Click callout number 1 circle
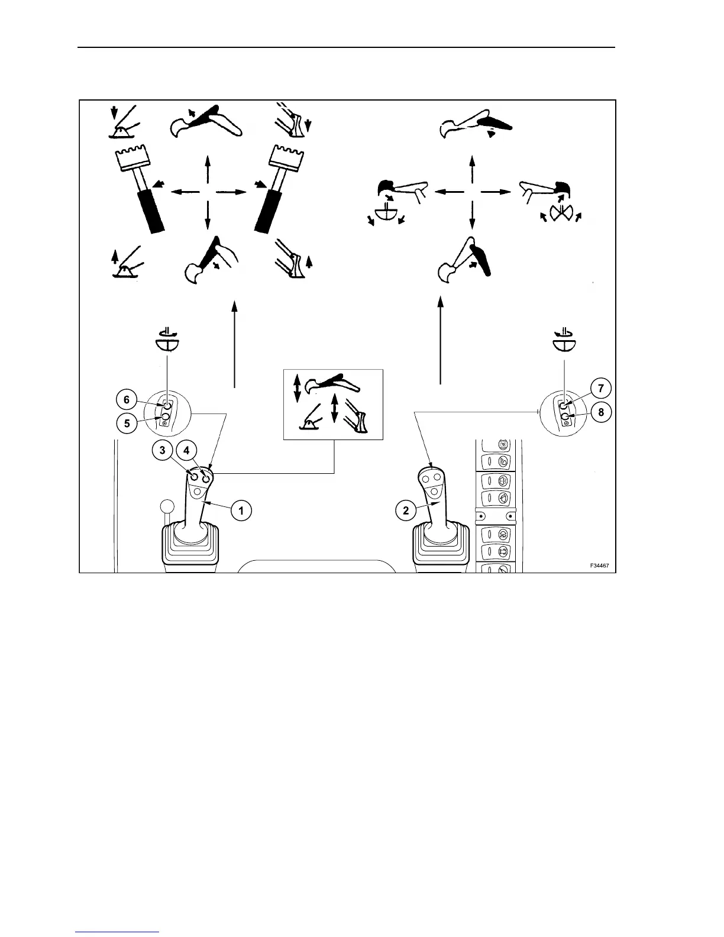point(241,509)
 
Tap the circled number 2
point(406,510)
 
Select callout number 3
point(161,451)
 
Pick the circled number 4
point(186,451)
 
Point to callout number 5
point(127,424)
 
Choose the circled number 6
point(127,400)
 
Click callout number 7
point(601,389)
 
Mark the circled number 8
point(601,412)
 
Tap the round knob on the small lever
point(167,507)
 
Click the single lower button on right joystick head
point(434,491)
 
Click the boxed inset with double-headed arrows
point(334,405)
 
